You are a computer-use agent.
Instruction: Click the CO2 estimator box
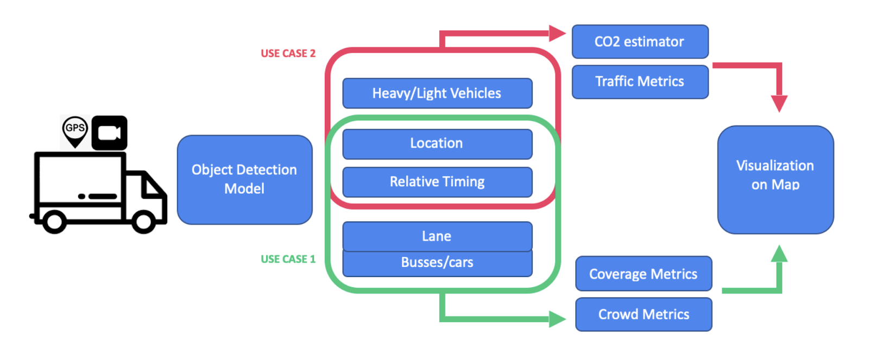[x=640, y=42]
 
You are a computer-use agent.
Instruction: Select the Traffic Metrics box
[x=640, y=82]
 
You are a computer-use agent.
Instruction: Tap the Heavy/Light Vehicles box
[x=437, y=93]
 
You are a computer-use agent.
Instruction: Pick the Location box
[x=437, y=144]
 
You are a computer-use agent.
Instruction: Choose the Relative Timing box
[x=437, y=182]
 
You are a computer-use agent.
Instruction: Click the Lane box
[x=437, y=236]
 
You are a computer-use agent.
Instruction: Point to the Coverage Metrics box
[x=644, y=274]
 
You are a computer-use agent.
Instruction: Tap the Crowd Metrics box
[x=644, y=314]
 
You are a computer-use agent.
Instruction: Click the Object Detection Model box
[x=244, y=180]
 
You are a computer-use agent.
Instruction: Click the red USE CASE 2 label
[x=288, y=53]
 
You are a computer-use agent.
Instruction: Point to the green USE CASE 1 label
[x=288, y=259]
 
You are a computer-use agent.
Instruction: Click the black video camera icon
[x=109, y=132]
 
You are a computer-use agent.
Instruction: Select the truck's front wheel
[x=144, y=221]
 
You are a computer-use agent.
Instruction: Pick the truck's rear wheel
[x=54, y=221]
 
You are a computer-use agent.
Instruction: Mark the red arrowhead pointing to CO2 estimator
[x=557, y=33]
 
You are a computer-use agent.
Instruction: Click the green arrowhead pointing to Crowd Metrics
[x=557, y=319]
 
